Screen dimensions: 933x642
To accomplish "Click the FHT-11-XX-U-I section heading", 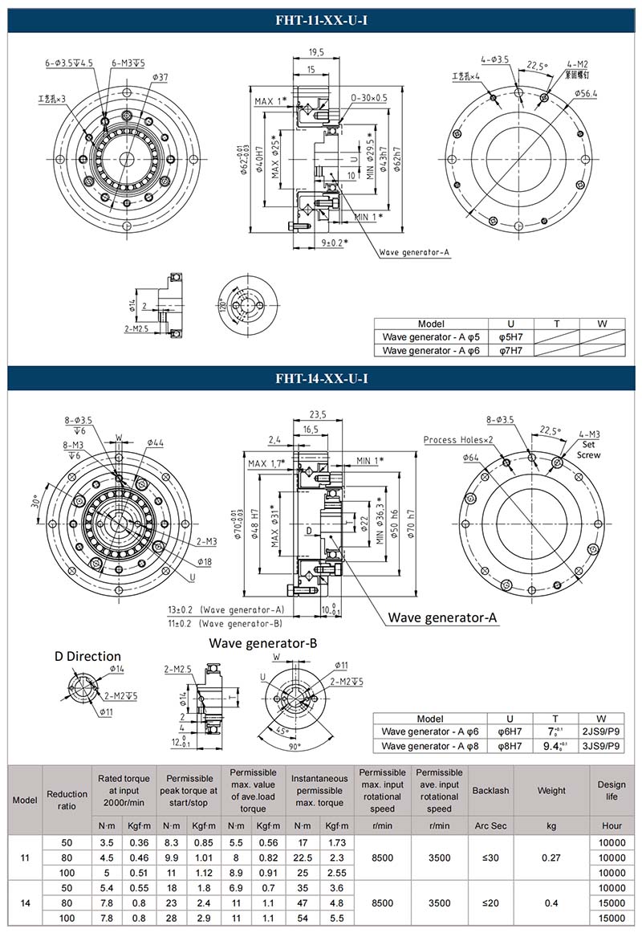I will [321, 17].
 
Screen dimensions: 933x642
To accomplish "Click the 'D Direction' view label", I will [87, 656].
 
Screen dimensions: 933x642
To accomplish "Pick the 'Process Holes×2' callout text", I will [458, 440].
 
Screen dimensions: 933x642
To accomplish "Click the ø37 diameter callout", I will [159, 77].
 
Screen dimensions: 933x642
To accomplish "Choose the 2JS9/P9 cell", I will [601, 731].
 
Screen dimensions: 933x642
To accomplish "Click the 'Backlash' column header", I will [490, 791].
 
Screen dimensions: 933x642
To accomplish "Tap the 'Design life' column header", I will [612, 791].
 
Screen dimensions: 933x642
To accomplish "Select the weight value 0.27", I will [551, 858].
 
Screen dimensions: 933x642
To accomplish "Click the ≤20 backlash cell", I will [490, 902].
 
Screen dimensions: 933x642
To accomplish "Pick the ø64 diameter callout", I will [471, 457].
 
